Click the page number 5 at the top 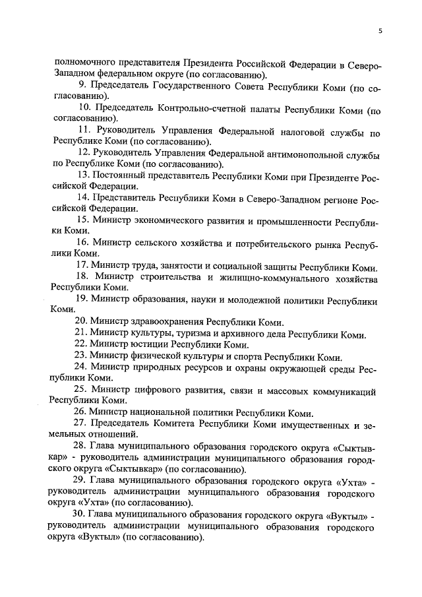click(x=380, y=30)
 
